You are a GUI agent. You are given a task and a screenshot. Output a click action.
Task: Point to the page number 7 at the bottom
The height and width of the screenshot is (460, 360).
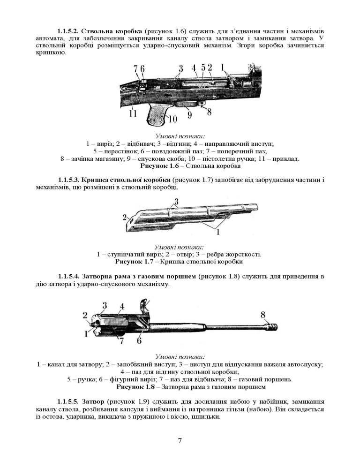(x=180, y=440)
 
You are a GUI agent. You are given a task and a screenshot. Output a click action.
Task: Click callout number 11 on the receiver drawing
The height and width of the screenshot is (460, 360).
(x=133, y=113)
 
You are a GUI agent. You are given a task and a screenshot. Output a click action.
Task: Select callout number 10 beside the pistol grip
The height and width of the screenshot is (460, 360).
(x=172, y=118)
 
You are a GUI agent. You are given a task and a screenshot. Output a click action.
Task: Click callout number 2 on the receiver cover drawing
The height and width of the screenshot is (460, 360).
(x=125, y=217)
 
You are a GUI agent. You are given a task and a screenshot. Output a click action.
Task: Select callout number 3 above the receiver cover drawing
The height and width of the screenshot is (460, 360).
(x=176, y=202)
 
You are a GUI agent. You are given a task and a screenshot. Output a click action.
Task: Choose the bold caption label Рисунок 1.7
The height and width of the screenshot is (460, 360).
(x=135, y=261)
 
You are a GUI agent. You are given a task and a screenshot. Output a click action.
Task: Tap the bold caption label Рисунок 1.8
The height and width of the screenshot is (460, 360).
(x=135, y=387)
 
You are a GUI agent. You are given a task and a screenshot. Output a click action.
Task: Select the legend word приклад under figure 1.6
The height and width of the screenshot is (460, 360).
(x=284, y=159)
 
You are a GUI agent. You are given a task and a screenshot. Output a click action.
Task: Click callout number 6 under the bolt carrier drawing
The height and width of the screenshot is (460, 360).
(x=139, y=341)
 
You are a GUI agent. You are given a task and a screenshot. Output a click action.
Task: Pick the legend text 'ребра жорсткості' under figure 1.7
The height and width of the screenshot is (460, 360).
(x=232, y=254)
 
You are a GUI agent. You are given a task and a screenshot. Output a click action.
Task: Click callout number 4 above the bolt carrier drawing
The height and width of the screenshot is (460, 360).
(x=121, y=307)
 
